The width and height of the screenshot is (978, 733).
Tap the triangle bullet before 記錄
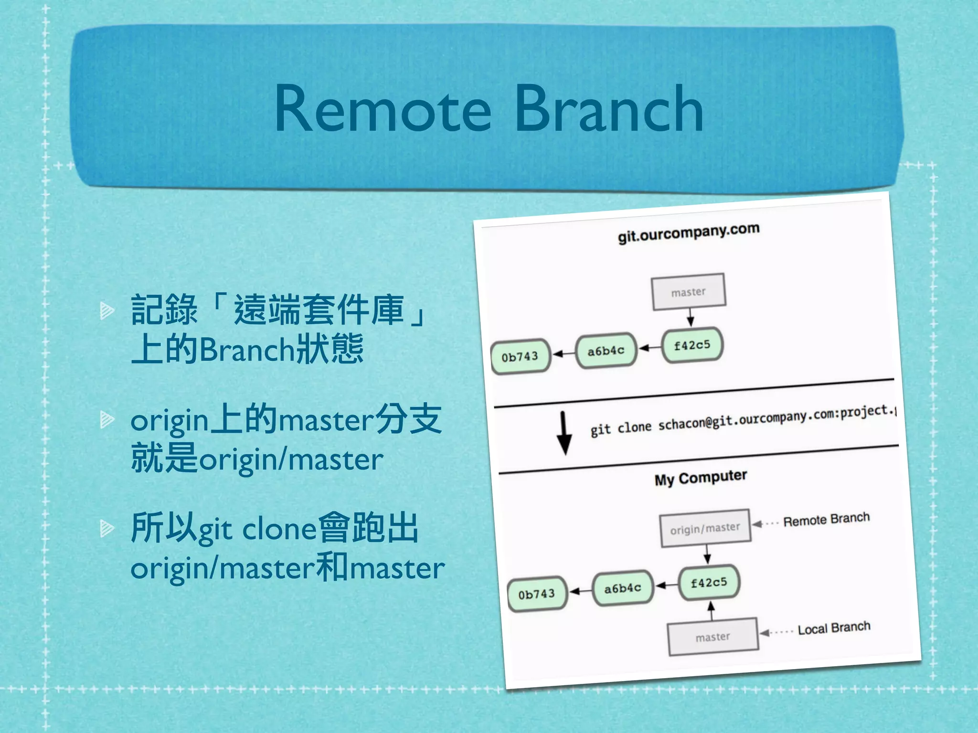(x=106, y=311)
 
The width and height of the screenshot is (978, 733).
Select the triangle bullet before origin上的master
(x=106, y=419)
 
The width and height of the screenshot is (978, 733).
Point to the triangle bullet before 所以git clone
(x=106, y=528)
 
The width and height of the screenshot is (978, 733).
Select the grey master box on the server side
(x=688, y=292)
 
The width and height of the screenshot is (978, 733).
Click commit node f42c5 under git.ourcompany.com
(x=692, y=345)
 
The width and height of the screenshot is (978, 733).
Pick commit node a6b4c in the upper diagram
(x=606, y=351)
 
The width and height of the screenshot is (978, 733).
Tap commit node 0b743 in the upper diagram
(x=520, y=357)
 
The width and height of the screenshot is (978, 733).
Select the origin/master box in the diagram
(x=705, y=528)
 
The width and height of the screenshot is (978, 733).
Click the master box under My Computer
(x=713, y=637)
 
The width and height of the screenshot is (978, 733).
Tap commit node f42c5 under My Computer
(x=709, y=583)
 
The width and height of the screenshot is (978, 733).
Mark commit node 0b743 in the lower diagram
(x=537, y=594)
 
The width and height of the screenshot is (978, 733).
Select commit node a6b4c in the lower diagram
(x=622, y=588)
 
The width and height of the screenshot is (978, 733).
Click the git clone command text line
(x=743, y=420)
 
